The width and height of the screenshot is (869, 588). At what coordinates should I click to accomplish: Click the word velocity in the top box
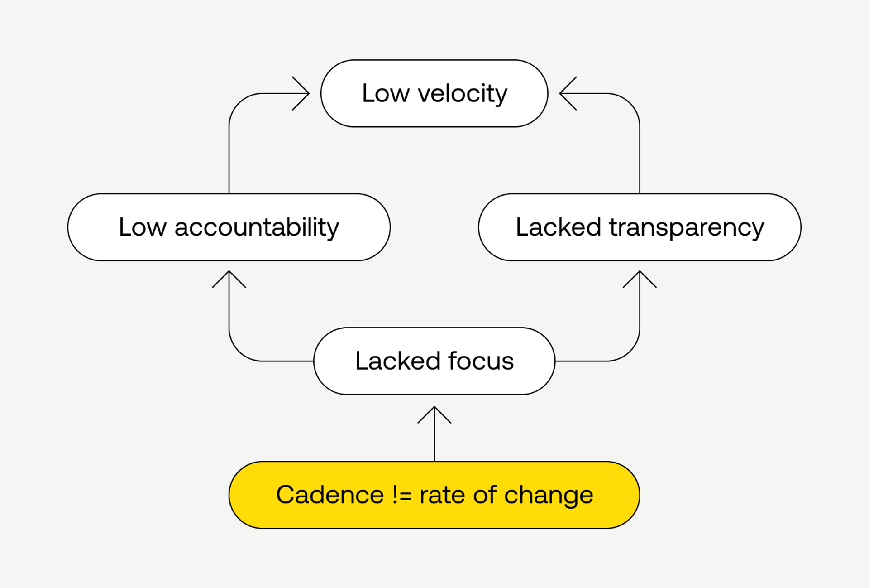(x=462, y=94)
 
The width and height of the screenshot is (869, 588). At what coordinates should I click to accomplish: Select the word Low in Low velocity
(x=386, y=94)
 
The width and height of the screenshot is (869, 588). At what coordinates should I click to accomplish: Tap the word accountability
(x=257, y=227)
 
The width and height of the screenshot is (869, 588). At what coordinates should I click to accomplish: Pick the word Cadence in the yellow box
(x=330, y=495)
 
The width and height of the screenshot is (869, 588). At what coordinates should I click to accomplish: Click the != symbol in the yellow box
(x=401, y=495)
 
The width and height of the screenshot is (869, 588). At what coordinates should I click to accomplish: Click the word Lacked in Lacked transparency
(x=558, y=227)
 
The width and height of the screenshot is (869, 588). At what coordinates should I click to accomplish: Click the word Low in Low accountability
(x=143, y=227)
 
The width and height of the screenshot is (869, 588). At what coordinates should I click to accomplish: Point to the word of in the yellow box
(x=484, y=495)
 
